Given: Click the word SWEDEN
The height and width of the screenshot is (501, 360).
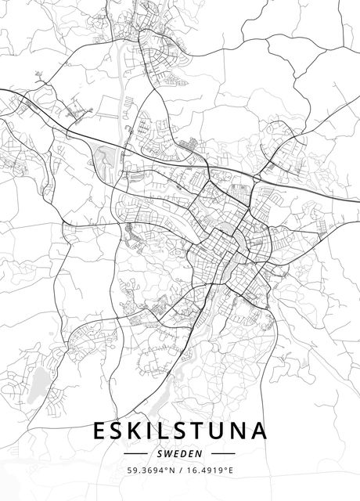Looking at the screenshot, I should coord(180,453).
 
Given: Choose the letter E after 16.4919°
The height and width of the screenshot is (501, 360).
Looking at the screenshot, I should coord(232,470).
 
